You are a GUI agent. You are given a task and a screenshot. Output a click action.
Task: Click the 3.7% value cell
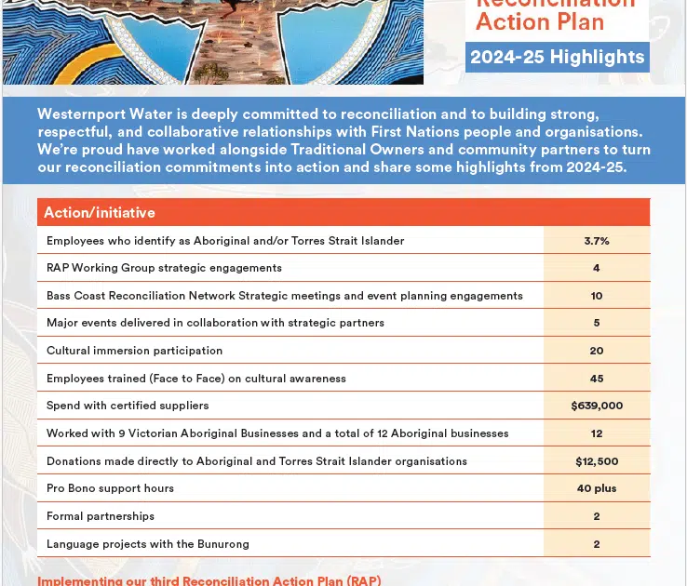click(x=597, y=240)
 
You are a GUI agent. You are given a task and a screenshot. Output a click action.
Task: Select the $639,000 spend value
click(x=597, y=406)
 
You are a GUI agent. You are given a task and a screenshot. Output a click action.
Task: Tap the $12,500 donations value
click(x=597, y=460)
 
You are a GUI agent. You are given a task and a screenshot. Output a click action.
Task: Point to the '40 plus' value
click(x=597, y=488)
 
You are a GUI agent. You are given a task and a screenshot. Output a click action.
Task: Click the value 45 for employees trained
click(x=597, y=379)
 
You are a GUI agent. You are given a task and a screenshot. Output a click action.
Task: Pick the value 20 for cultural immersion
click(x=597, y=351)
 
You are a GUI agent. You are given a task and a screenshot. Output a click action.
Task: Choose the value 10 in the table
click(x=597, y=296)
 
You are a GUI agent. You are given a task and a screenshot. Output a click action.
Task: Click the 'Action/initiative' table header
click(x=100, y=213)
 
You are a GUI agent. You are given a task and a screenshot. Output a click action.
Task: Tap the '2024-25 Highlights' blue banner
click(x=557, y=57)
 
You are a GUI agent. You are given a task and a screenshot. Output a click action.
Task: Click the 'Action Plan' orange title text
click(x=540, y=20)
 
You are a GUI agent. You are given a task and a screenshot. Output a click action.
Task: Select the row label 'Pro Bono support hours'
click(x=110, y=488)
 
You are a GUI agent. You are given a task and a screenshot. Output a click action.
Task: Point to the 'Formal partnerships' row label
click(x=101, y=516)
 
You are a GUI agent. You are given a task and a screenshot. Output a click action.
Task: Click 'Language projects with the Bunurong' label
click(x=148, y=544)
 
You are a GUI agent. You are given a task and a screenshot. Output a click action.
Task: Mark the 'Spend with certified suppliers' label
click(x=128, y=406)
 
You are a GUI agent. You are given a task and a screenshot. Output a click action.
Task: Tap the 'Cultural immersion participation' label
click(x=134, y=351)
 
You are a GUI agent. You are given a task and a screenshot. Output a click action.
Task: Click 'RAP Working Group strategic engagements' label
click(x=164, y=268)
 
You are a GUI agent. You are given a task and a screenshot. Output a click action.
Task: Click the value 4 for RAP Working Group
click(x=597, y=268)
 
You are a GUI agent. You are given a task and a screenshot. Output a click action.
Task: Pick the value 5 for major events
click(x=597, y=323)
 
